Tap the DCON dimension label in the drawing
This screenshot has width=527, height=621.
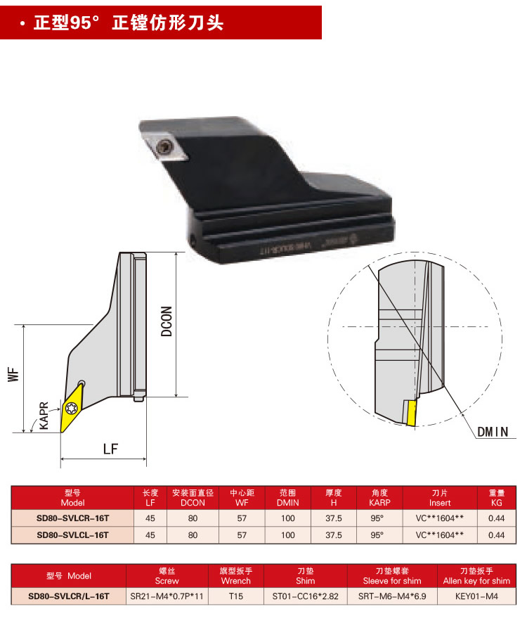167,321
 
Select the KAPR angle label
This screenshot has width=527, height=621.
44,416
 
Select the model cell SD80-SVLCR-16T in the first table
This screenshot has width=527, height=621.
73,518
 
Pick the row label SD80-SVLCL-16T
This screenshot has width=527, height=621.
73,535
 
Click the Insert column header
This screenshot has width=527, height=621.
440,498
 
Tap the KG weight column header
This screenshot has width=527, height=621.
496,498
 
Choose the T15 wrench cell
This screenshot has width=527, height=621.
235,596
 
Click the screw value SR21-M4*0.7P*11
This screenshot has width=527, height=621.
167,596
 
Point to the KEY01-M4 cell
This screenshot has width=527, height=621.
476,596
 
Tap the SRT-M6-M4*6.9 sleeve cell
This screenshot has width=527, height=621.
392,596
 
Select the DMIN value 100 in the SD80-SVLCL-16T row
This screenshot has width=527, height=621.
287,535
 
